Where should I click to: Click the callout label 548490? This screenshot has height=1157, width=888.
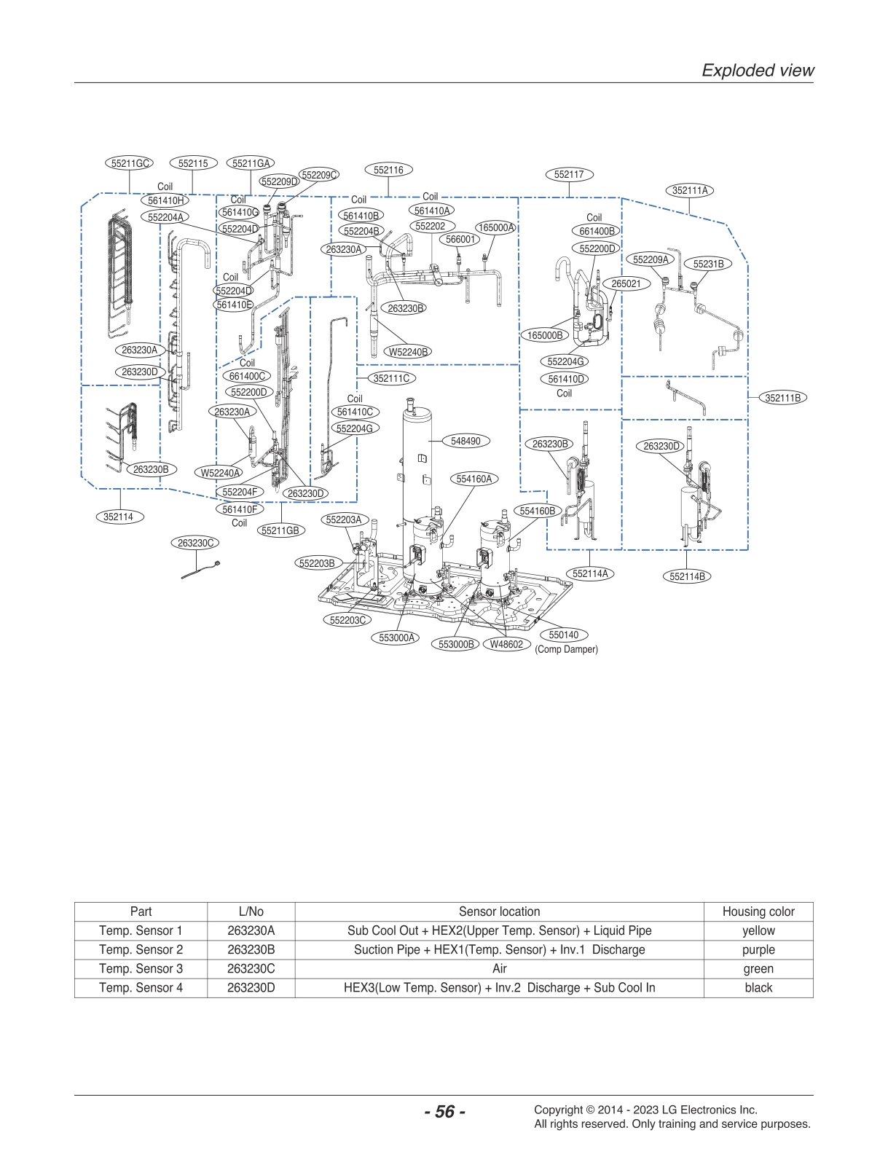(465, 441)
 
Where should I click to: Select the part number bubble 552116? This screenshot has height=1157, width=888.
(388, 170)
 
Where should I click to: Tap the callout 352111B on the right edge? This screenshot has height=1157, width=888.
(782, 398)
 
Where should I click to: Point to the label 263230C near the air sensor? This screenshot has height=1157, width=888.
(196, 543)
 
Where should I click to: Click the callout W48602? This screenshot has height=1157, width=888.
(506, 644)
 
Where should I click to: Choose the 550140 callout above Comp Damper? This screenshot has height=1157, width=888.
(563, 635)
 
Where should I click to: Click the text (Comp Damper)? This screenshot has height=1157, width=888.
(566, 649)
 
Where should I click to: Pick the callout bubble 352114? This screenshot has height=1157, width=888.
(118, 517)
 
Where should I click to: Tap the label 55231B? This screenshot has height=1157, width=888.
(707, 264)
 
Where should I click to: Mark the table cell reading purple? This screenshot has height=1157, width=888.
(758, 949)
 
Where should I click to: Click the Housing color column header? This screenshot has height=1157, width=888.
(758, 911)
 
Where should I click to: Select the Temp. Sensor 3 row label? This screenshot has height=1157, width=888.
(141, 968)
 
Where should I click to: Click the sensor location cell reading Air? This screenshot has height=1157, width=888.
(499, 968)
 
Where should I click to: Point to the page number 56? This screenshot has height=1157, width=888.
(444, 1112)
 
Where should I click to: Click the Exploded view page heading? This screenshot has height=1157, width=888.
(757, 70)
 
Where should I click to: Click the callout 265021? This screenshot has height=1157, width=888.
(625, 283)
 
